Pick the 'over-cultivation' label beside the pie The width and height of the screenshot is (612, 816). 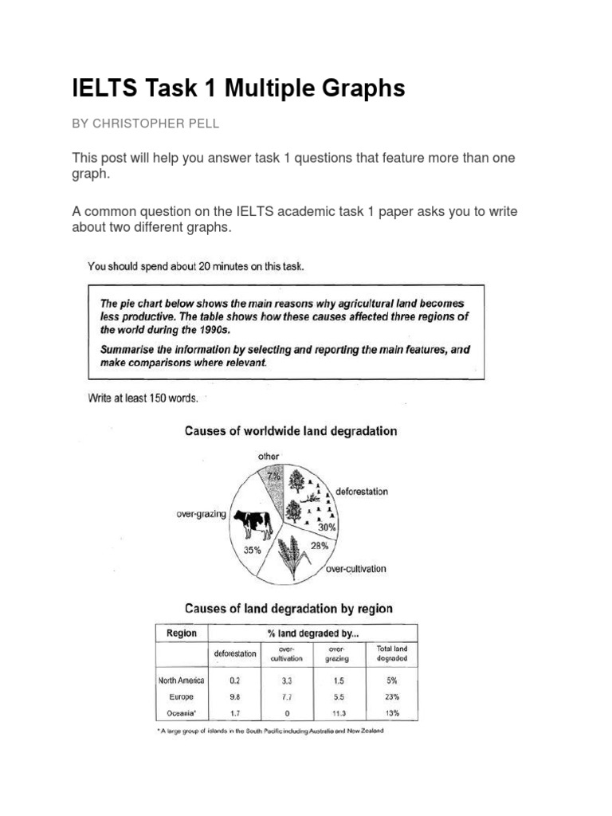[x=355, y=569]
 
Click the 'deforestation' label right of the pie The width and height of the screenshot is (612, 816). [x=362, y=492]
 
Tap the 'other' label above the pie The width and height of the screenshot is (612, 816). [x=268, y=457]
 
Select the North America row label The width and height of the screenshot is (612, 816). [x=181, y=681]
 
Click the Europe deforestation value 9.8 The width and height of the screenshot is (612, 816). [x=234, y=696]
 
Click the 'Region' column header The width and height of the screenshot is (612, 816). [x=181, y=634]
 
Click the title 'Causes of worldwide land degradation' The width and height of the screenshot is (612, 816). [x=291, y=431]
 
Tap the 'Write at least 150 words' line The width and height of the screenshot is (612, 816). [x=143, y=398]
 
